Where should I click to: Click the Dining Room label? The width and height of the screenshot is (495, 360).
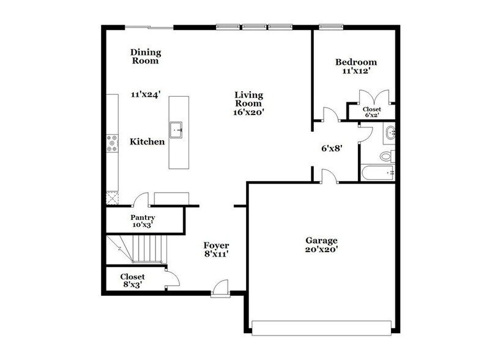point(145,56)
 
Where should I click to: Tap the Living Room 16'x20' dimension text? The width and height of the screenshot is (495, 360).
point(249,112)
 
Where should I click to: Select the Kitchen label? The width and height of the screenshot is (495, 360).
point(147,141)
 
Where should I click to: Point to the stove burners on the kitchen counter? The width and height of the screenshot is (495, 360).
point(112,143)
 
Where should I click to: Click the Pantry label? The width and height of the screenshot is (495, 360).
point(143,217)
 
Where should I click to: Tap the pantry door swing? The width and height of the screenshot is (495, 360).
point(140,199)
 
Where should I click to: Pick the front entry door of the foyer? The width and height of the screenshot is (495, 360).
point(220,288)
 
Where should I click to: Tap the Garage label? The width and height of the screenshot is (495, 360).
point(321,240)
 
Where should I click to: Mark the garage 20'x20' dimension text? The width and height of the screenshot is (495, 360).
point(321,249)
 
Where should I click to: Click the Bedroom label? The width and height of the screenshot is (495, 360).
point(355,62)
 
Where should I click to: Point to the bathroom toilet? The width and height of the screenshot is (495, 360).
point(386,156)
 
